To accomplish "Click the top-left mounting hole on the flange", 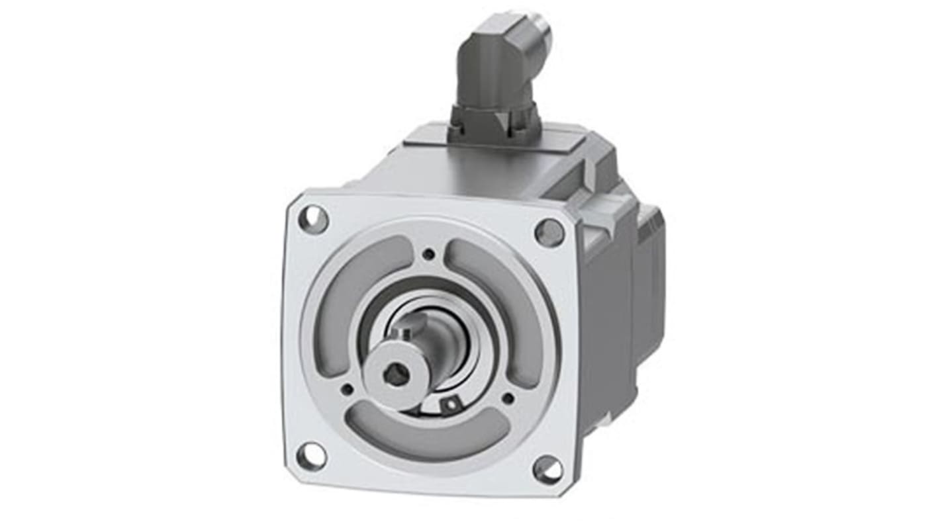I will coord(313,219).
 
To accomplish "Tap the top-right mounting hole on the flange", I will coord(549,233).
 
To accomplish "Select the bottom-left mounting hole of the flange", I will coord(311,456).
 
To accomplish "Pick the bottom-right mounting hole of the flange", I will coord(547,470).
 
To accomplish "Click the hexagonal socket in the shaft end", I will coord(396,374).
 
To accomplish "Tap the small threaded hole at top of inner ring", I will coord(429,254).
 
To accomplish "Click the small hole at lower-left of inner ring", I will coord(346,390).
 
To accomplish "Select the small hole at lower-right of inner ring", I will coord(508,398).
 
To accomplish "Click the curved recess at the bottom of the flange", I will coord(427,436).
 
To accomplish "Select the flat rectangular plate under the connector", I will coord(493,141).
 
